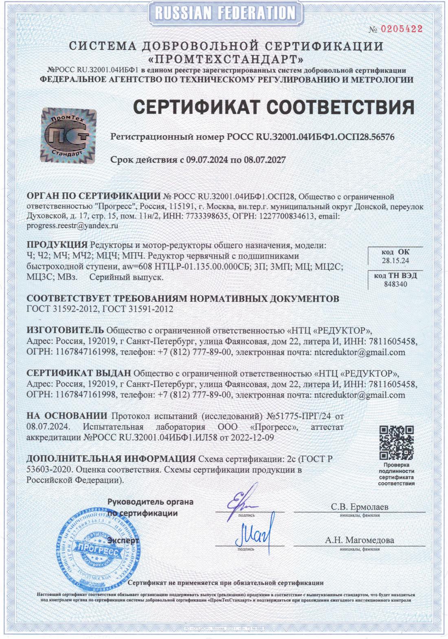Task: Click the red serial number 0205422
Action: tap(401, 29)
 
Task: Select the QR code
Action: tap(396, 443)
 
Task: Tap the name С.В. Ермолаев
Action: tap(359, 507)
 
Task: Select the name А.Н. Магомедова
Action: tap(359, 540)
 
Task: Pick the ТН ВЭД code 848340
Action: tap(395, 284)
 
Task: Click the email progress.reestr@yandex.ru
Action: tap(72, 225)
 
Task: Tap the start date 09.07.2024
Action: tap(207, 160)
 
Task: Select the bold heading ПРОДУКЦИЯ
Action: tap(57, 245)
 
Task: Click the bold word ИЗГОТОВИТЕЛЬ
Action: tap(65, 329)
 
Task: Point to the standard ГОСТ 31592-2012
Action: tap(62, 309)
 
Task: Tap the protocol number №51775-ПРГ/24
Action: tap(299, 416)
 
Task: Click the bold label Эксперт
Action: tap(123, 540)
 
